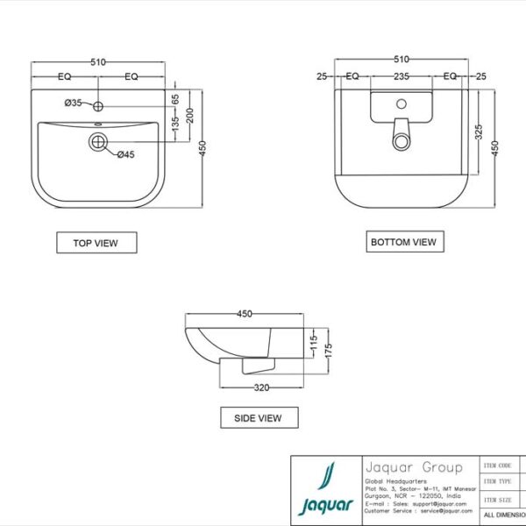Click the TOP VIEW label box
(96, 242)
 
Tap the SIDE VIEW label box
(259, 417)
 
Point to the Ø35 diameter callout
(73, 103)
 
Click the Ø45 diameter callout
(125, 155)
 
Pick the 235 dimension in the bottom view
(401, 76)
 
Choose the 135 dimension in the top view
(175, 127)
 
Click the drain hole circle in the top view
(96, 140)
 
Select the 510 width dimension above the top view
(98, 61)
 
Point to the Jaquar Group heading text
(412, 467)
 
